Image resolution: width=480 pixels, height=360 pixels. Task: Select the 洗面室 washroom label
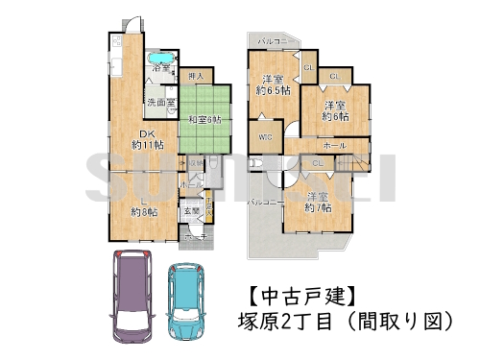(159, 102)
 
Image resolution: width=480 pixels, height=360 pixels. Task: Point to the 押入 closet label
(195, 75)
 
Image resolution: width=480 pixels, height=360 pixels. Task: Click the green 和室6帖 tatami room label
(203, 119)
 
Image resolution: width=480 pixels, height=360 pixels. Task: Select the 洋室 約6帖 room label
(335, 110)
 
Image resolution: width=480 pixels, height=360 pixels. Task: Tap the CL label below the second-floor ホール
(318, 163)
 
